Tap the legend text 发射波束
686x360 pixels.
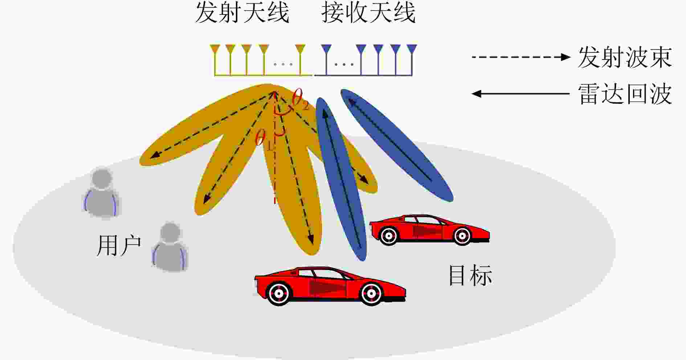[x=625, y=57]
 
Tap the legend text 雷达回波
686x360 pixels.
[x=625, y=94]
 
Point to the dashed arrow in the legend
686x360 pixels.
[x=521, y=57]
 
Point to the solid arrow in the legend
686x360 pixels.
[x=520, y=94]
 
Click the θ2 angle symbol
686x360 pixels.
[x=300, y=99]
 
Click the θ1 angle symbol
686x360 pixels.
[x=264, y=139]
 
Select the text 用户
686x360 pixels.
[x=119, y=246]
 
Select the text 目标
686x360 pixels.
[x=471, y=275]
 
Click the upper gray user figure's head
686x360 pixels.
[x=102, y=178]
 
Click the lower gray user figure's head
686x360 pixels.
[x=170, y=233]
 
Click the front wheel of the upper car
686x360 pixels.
[x=462, y=236]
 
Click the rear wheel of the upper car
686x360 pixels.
[x=388, y=236]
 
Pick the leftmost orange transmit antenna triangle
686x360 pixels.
[x=215, y=49]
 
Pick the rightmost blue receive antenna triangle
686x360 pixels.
[x=412, y=49]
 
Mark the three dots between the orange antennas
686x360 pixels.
[x=283, y=65]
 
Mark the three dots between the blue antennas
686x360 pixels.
[x=344, y=65]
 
